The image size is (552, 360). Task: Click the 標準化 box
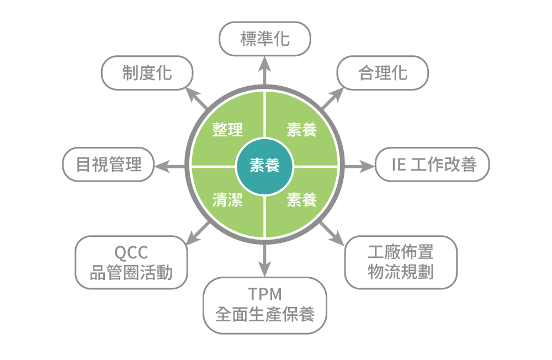pyautogui.click(x=265, y=39)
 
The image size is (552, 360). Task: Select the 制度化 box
pyautogui.click(x=147, y=73)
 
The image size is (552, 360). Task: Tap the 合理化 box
pyautogui.click(x=383, y=73)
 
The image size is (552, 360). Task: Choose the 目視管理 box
pyautogui.click(x=108, y=165)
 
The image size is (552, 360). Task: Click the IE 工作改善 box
pyautogui.click(x=432, y=165)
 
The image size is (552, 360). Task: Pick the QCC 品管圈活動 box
pyautogui.click(x=131, y=262)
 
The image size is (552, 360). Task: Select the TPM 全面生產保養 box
pyautogui.click(x=265, y=305)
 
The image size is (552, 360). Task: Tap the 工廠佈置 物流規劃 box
pyautogui.click(x=401, y=262)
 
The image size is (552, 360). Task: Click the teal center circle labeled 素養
pyautogui.click(x=264, y=166)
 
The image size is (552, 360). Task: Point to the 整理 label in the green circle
pyautogui.click(x=227, y=130)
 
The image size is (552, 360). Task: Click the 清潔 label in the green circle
pyautogui.click(x=227, y=200)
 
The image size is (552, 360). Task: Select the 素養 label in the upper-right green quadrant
pyautogui.click(x=302, y=130)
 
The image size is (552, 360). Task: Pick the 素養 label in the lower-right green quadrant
pyautogui.click(x=302, y=200)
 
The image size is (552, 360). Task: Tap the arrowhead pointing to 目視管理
pyautogui.click(x=162, y=166)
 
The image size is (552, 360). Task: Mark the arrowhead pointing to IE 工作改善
pyautogui.click(x=367, y=166)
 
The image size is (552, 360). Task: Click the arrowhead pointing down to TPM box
pyautogui.click(x=265, y=269)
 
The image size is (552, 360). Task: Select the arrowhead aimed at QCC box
pyautogui.click(x=193, y=238)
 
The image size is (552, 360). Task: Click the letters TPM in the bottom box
pyautogui.click(x=265, y=294)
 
